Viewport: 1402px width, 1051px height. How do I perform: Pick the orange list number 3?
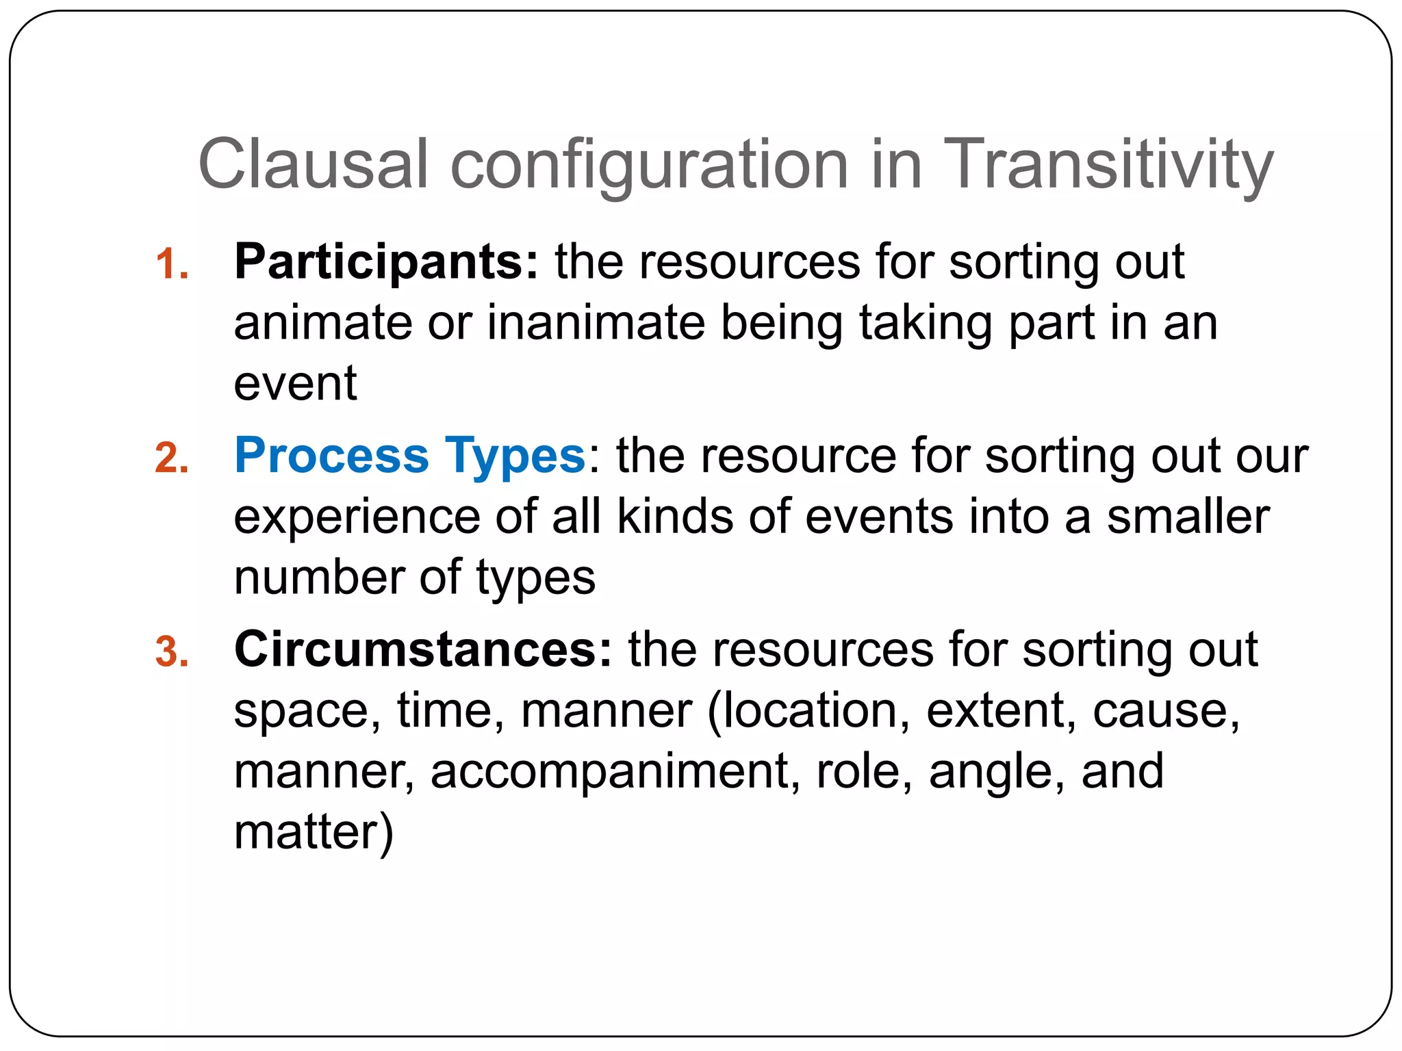[x=171, y=652]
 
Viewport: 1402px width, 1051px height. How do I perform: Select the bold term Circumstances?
[x=423, y=649]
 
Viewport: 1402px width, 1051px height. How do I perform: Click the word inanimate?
[x=596, y=323]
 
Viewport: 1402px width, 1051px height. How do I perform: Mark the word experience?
[x=357, y=518]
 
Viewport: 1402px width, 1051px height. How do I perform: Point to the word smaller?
[x=1188, y=517]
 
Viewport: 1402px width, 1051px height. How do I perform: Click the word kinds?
[x=674, y=517]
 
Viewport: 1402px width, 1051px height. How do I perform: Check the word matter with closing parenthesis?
[x=314, y=832]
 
